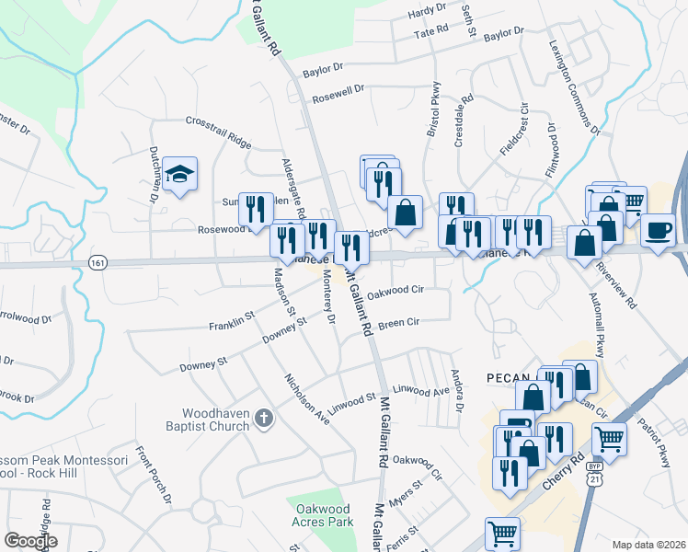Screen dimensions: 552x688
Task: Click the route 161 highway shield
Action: point(97,263)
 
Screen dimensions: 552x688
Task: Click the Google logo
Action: point(31,541)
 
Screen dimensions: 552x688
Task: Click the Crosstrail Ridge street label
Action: point(218,132)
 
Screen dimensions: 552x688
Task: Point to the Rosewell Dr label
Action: point(338,93)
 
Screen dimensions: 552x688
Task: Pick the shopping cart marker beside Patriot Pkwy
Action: point(610,438)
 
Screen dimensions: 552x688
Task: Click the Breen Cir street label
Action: point(398,323)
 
